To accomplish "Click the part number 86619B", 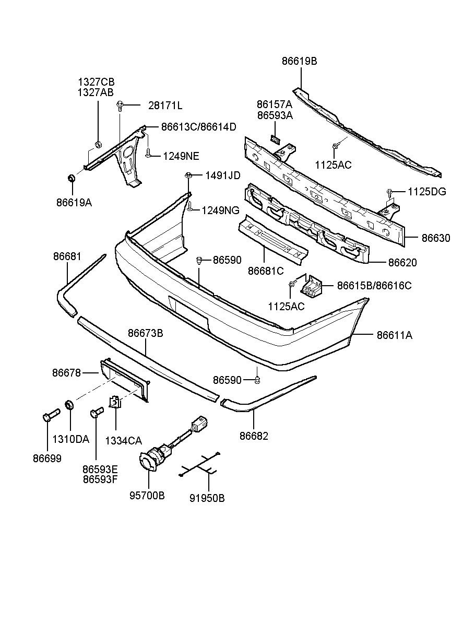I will coord(299,61).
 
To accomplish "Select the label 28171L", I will coord(165,105).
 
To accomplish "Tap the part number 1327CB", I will coord(96,82).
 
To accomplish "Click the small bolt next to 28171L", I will coord(120,105).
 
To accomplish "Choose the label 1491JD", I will coord(222,175).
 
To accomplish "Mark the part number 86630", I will coord(435,238).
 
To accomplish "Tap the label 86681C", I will coord(266,271).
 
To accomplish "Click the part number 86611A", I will coord(394,335).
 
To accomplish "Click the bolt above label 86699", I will coord(50,415).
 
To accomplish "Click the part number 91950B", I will coord(207,498).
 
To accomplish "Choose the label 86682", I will coord(254,436).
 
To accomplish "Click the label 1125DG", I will coord(427,192).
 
